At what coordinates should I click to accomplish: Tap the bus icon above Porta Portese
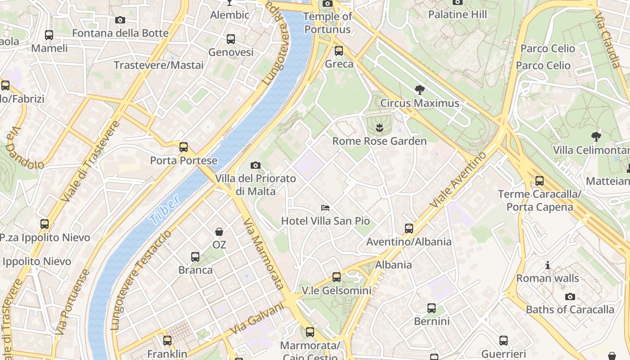pos(184,147)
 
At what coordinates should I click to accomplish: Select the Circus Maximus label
pos(419,103)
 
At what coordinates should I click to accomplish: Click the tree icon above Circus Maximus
pos(419,90)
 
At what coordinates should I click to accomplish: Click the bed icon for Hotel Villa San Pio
pos(325,208)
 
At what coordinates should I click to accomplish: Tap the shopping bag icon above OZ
pos(219,232)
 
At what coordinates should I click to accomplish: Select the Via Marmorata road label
pos(263,254)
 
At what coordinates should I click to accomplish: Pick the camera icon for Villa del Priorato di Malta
pos(256,166)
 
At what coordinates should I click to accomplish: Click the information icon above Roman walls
pos(548,265)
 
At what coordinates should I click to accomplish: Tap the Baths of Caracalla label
pos(570,310)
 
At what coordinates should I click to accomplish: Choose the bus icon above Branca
pos(195,257)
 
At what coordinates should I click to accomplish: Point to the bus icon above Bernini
pos(432,308)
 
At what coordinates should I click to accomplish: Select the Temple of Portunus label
pos(328,23)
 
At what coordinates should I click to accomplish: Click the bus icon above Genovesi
pos(231,39)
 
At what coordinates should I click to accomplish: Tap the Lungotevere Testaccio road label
pos(140,281)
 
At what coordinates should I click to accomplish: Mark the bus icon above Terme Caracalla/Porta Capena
pos(540,181)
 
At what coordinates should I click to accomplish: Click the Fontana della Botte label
pos(120,33)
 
